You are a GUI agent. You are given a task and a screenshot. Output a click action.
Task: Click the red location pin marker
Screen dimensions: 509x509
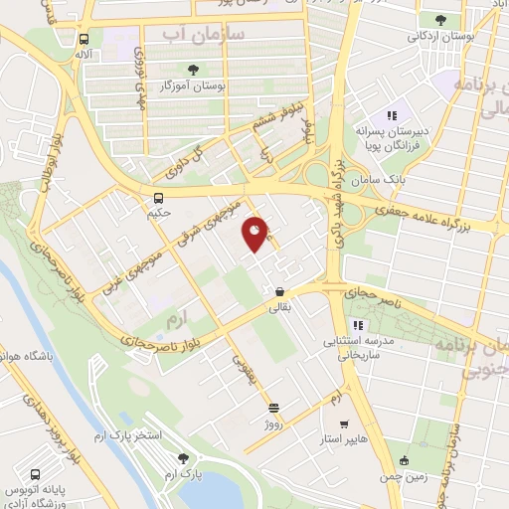tap(256, 234)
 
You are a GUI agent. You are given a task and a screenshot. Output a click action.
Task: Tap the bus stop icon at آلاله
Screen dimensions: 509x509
tap(84, 40)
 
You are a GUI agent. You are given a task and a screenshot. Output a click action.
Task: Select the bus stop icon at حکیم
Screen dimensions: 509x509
tap(159, 196)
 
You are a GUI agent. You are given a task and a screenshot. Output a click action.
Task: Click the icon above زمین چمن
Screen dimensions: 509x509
tap(403, 459)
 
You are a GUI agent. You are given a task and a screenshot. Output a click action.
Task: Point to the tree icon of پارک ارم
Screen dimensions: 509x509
tap(182, 458)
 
